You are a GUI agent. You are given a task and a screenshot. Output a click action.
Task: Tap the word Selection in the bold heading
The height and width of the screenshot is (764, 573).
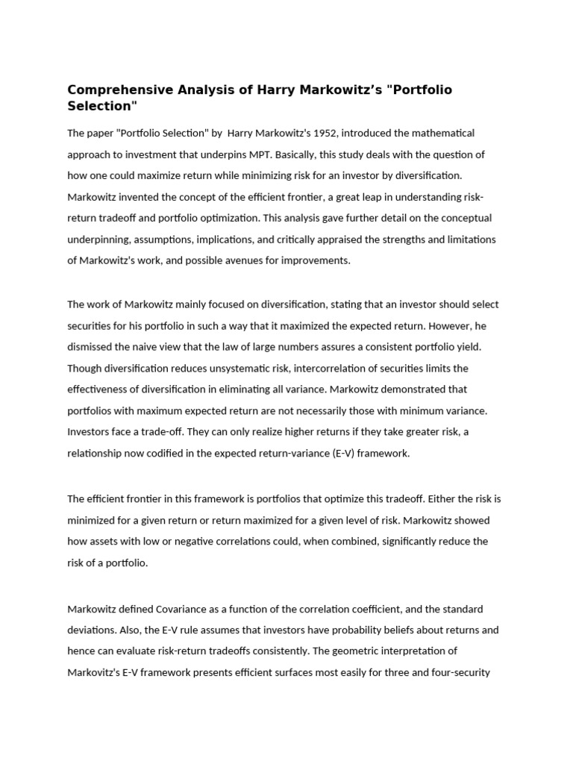103,107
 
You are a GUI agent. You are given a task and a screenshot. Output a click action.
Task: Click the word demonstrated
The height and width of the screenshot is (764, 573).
412,389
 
